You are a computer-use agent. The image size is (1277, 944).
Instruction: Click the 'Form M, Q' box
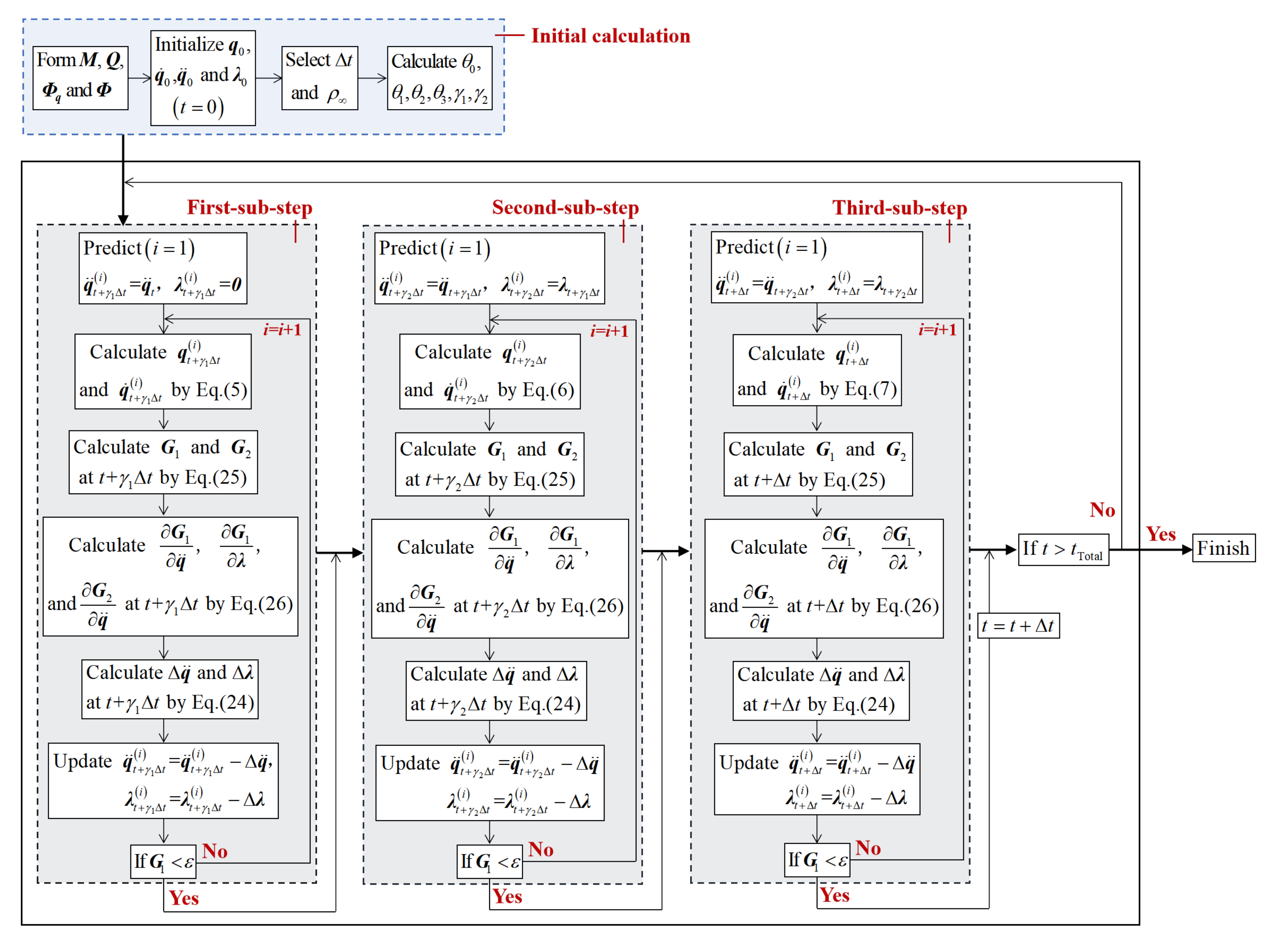pyautogui.click(x=80, y=78)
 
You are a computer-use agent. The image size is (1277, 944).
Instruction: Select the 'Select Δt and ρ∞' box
pyautogui.click(x=320, y=78)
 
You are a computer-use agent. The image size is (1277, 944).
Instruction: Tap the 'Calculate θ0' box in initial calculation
pyautogui.click(x=439, y=78)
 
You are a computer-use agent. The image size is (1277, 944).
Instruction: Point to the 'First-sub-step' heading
pyautogui.click(x=249, y=208)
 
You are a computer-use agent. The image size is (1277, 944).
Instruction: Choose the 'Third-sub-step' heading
pyautogui.click(x=899, y=208)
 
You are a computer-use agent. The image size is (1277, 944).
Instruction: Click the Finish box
pyautogui.click(x=1223, y=548)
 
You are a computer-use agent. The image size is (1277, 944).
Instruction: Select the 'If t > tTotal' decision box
pyautogui.click(x=1063, y=549)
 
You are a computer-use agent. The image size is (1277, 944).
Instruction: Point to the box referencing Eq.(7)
pyautogui.click(x=816, y=370)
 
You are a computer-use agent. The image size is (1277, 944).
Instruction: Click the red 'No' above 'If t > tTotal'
pyautogui.click(x=1102, y=510)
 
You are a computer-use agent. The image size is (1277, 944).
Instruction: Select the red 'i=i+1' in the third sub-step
pyautogui.click(x=936, y=330)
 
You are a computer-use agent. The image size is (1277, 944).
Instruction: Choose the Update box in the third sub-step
pyautogui.click(x=816, y=779)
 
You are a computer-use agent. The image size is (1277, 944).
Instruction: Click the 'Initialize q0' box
pyautogui.click(x=203, y=78)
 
